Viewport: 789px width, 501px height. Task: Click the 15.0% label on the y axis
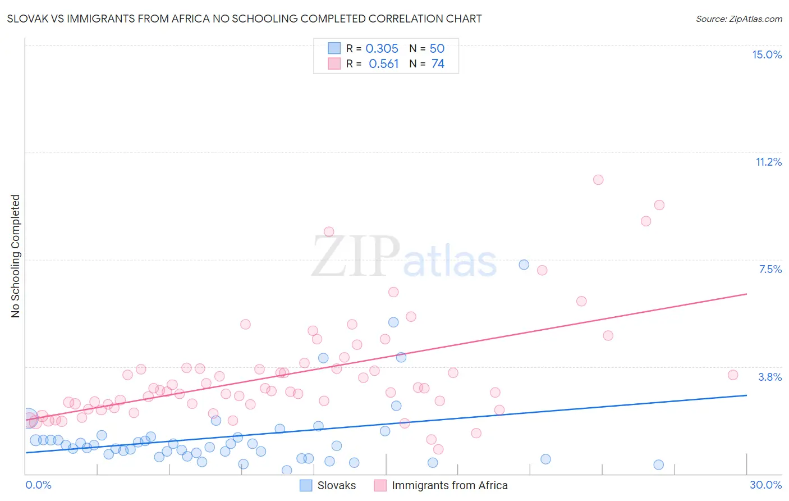(x=767, y=54)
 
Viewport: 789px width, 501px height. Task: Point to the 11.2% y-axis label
(x=768, y=162)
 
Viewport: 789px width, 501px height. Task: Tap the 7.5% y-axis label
(x=770, y=269)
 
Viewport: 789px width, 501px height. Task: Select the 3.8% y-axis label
(x=770, y=377)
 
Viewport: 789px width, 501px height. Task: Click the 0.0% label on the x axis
(x=38, y=485)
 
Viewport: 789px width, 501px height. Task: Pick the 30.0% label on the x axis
(x=765, y=485)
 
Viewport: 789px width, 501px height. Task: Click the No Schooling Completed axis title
(x=15, y=256)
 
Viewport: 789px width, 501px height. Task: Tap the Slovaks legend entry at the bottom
(x=336, y=485)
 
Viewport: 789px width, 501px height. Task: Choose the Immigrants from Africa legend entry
(x=449, y=485)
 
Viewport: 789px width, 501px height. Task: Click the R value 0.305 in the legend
(x=382, y=49)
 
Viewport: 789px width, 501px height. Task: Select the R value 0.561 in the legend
(x=383, y=64)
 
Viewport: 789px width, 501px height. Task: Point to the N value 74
(x=438, y=64)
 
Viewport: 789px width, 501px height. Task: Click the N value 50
(x=437, y=49)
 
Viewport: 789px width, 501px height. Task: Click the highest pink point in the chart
(x=598, y=180)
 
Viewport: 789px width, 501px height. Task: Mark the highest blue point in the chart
(x=524, y=265)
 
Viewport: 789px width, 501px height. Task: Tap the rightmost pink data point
(x=733, y=375)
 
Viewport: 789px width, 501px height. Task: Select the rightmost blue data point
(x=659, y=464)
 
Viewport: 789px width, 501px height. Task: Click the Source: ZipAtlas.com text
(x=738, y=19)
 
